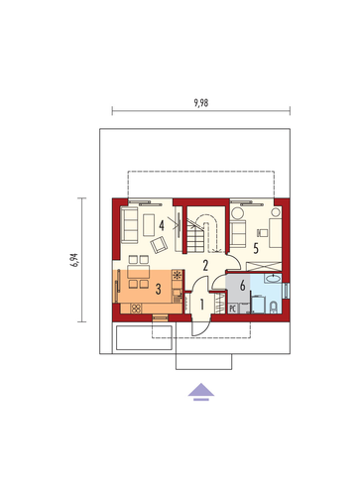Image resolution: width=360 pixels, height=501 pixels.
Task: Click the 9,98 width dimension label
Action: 201,103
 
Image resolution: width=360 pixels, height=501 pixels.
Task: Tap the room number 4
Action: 162,225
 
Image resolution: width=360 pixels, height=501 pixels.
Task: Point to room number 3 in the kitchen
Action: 159,289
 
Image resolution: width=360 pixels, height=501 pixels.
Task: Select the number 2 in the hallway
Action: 205,265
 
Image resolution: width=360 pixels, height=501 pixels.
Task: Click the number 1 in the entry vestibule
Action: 202,305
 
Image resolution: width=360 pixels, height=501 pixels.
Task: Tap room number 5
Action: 256,248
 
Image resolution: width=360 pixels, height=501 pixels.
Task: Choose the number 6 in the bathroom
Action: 243,285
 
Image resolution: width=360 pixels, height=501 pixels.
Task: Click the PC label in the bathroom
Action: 232,309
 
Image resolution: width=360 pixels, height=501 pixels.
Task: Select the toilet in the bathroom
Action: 274,308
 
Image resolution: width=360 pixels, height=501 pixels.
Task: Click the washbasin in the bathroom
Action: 273,279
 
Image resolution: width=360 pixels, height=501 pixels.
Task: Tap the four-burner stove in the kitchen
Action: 136,309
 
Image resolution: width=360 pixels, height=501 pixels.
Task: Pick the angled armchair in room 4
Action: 159,245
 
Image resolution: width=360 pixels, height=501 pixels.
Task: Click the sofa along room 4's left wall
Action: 129,225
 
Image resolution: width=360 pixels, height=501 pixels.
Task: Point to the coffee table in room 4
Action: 149,225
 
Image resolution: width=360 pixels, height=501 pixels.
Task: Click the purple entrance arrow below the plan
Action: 201,392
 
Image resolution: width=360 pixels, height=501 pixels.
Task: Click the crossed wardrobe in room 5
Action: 264,267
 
